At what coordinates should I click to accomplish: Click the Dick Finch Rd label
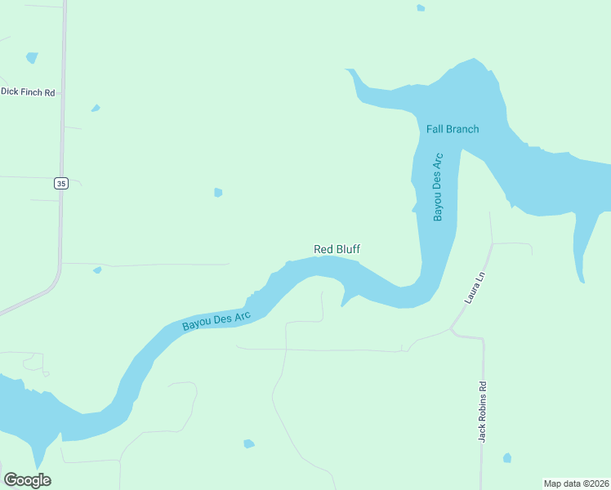point(28,92)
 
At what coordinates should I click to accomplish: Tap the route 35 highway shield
point(61,183)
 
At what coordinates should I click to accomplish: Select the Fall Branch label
point(453,129)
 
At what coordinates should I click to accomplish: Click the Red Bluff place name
point(337,249)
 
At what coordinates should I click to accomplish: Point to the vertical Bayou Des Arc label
point(438,186)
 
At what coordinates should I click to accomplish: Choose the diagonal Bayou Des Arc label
point(216,320)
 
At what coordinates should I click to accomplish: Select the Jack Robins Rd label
point(483,412)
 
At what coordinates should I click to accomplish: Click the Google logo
point(28,480)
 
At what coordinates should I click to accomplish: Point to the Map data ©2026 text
point(576,483)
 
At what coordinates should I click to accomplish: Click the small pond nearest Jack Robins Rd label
point(507,457)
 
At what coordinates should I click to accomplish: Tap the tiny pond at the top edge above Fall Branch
point(421,8)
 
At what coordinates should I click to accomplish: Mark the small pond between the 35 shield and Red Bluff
point(218,193)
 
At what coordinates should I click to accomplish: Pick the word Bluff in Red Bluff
point(347,249)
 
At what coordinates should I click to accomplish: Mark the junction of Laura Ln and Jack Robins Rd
point(452,330)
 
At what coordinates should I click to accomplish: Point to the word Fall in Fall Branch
point(434,129)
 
